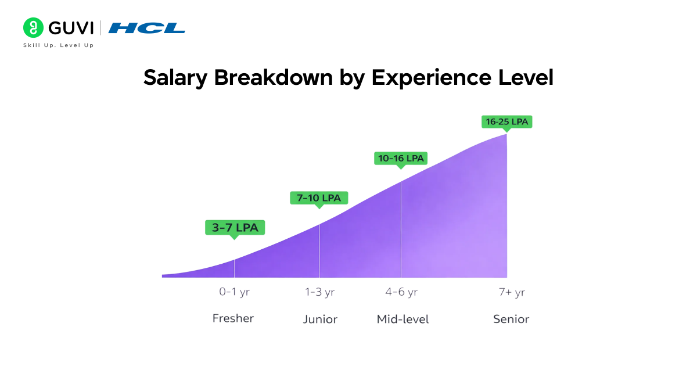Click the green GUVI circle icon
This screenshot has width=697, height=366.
tap(34, 28)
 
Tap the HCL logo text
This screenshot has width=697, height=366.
tap(147, 28)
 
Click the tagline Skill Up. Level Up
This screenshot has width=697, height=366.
tap(58, 45)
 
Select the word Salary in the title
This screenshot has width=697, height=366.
tap(176, 78)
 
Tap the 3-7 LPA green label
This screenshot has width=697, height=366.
tap(235, 228)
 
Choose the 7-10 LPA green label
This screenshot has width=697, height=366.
tap(319, 198)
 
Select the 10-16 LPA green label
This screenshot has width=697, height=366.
tap(400, 158)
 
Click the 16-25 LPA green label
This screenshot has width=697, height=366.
tap(506, 122)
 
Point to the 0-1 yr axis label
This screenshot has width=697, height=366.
tap(234, 292)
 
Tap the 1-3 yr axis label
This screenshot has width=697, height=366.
tap(319, 292)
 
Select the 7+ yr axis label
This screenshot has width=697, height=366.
tap(511, 292)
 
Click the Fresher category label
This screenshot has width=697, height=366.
tap(233, 318)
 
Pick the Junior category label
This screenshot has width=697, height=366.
tap(320, 319)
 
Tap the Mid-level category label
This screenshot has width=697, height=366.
tap(403, 319)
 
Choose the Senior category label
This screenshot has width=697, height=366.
tap(511, 319)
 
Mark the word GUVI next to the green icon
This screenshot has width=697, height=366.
tap(71, 28)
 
